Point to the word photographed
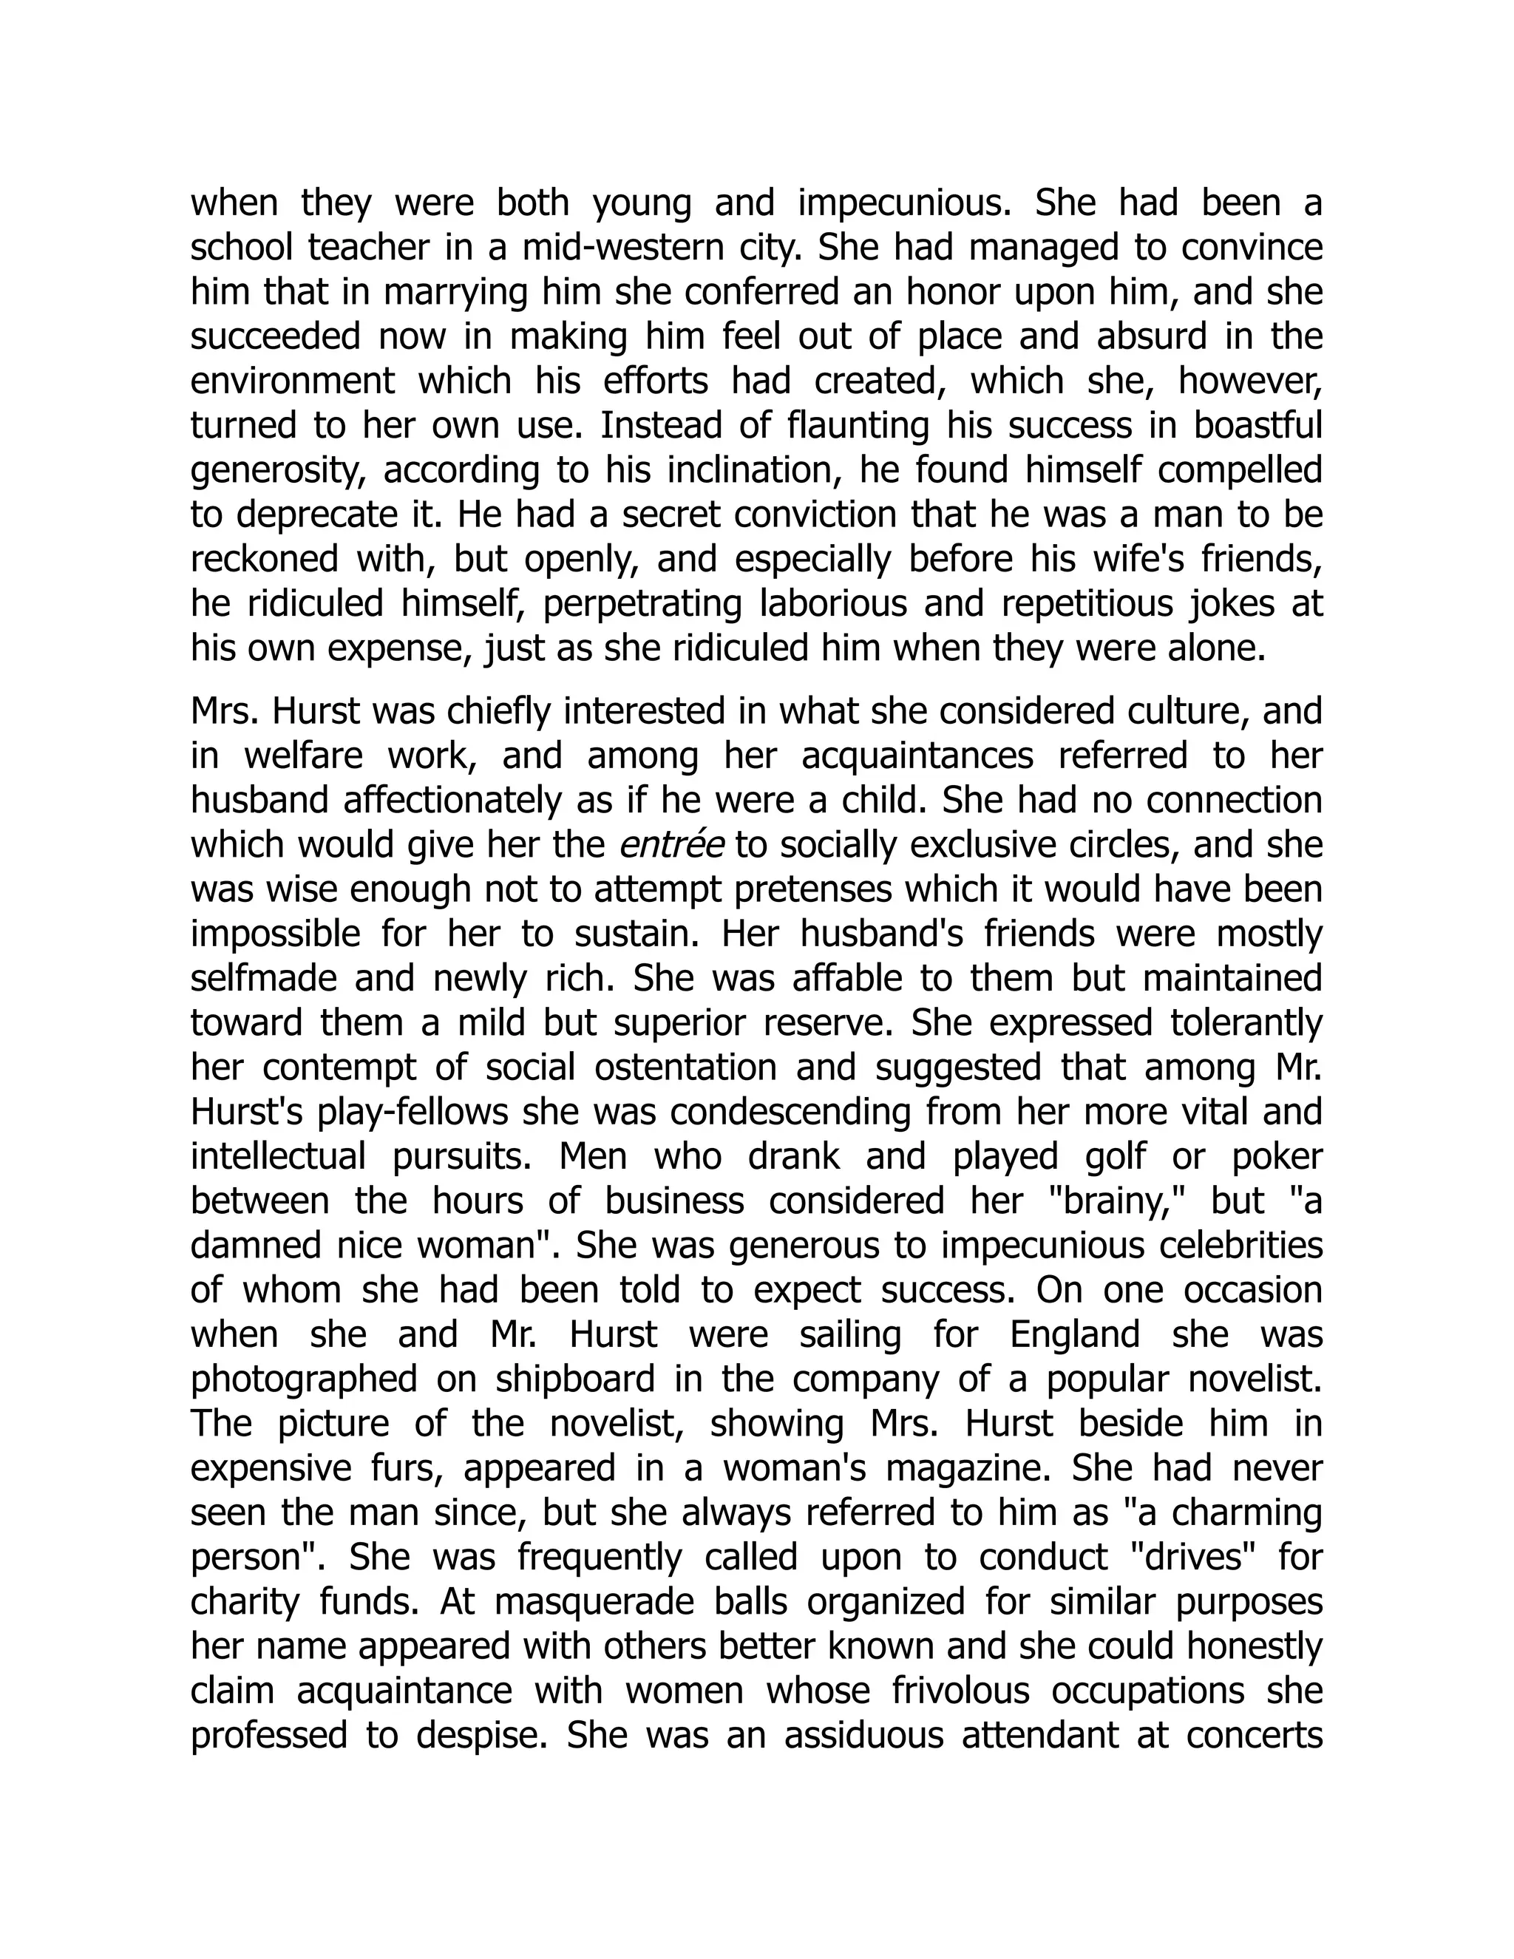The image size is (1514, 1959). pyautogui.click(x=304, y=1379)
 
